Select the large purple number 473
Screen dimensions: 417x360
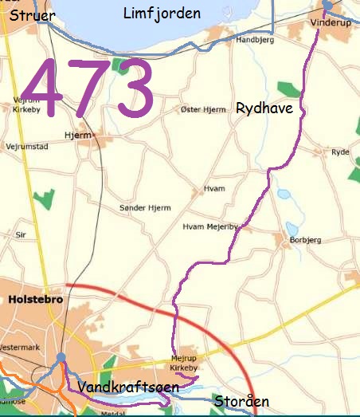click(88, 89)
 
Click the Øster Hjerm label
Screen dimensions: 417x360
click(204, 108)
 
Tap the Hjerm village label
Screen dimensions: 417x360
click(77, 136)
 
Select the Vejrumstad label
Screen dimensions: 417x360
click(28, 148)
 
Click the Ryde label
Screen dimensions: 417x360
click(340, 151)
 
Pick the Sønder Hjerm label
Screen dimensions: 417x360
click(145, 208)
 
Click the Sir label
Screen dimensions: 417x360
click(22, 235)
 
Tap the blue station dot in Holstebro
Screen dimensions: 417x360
click(61, 357)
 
